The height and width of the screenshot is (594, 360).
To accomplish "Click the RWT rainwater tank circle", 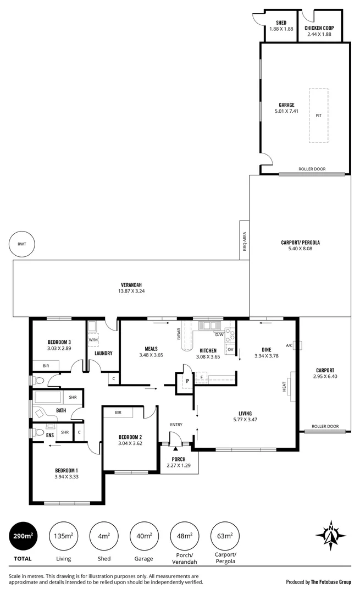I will (22, 244).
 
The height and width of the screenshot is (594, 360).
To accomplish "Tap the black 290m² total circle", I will (23, 535).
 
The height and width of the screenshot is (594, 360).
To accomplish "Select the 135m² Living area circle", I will (63, 535).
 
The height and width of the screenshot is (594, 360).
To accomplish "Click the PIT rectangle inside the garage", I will (318, 116).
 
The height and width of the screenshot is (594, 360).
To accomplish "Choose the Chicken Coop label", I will (319, 28).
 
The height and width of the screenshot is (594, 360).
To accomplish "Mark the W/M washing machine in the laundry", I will (92, 339).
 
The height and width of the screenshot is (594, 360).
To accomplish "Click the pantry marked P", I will (187, 380).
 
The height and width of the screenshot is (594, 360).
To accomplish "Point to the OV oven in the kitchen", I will (230, 349).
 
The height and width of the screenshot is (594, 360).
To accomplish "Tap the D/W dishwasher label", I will (219, 334).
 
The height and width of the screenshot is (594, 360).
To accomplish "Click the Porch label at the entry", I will (178, 459).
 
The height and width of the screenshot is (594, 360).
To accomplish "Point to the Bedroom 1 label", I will (66, 470).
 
